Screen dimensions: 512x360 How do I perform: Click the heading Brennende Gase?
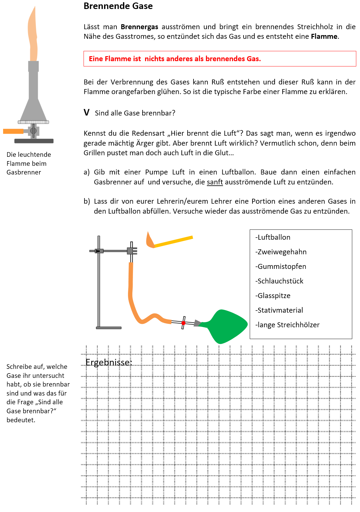[x=118, y=6]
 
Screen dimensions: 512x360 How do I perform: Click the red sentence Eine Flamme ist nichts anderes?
[x=175, y=59]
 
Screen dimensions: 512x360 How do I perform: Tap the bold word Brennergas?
[x=139, y=27]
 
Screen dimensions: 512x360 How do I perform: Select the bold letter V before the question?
[x=86, y=112]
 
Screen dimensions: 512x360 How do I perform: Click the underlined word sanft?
[x=215, y=182]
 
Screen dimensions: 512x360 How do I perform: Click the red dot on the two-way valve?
[x=183, y=323]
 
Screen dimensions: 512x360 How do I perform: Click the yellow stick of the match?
[x=174, y=242]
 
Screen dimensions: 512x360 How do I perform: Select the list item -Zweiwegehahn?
[x=281, y=252]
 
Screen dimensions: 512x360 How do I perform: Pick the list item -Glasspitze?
[x=273, y=296]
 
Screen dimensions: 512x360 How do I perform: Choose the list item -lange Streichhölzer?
[x=287, y=325]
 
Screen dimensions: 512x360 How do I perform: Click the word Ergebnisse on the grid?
[x=109, y=362]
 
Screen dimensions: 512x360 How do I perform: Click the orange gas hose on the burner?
[x=13, y=131]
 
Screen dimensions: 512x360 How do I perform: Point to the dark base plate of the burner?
[x=34, y=141]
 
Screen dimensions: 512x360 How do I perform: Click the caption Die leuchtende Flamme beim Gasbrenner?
[x=29, y=163]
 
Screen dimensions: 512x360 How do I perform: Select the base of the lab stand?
[x=108, y=328]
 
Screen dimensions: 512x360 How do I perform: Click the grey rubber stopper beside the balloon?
[x=197, y=323]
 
